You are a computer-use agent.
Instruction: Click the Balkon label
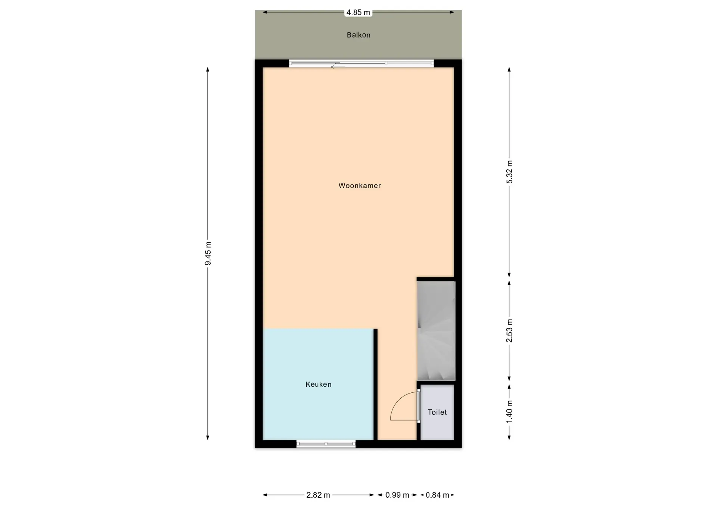point(358,35)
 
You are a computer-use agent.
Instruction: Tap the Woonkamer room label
point(360,186)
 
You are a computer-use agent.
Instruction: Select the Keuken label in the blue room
point(319,384)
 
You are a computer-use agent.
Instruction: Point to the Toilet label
point(437,412)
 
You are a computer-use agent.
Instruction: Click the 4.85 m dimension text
point(358,12)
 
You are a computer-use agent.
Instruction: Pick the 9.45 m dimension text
point(208,253)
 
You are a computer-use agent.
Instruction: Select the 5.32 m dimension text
point(509,172)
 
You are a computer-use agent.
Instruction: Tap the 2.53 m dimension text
point(509,331)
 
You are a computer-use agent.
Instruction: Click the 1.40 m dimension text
point(509,412)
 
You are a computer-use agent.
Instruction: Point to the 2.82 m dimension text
point(318,495)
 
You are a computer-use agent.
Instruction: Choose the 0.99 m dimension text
point(397,495)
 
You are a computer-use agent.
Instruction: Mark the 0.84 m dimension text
point(437,495)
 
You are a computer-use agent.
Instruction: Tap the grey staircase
point(436,331)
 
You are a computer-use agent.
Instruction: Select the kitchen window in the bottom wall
point(326,444)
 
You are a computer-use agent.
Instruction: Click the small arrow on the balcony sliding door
point(338,67)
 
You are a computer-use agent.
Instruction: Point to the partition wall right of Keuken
point(375,385)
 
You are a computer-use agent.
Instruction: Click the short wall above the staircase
point(435,279)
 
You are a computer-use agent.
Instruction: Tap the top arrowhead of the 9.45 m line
point(208,69)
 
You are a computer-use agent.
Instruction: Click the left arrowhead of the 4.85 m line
point(265,12)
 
